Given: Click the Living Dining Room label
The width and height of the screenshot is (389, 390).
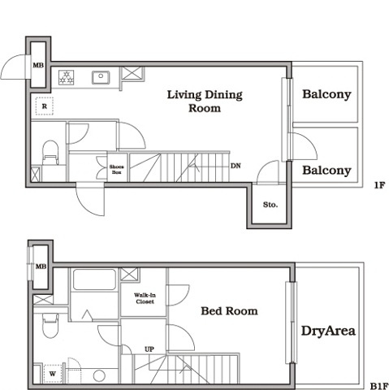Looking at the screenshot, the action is point(205,102).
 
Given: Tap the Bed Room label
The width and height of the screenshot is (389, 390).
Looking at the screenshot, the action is point(229,311).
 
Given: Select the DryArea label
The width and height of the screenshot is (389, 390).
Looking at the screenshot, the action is point(328,331).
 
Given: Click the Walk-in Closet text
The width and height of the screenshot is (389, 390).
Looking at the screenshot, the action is point(145,298).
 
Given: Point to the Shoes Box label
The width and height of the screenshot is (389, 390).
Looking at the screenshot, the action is point(117,169).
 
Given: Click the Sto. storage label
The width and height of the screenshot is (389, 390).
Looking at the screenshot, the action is point(270,205).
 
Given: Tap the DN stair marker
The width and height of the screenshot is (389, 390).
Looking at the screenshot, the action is point(236,166).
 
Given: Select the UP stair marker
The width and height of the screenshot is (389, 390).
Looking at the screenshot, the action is point(149,349).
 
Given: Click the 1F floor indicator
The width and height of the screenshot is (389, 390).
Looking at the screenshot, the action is point(379,185).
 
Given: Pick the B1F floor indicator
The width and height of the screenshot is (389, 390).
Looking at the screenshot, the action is point(378,386).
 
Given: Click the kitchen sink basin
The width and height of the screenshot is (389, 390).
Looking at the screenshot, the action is point(101,77).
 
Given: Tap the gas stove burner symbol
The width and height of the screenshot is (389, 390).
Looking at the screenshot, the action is point(67,77).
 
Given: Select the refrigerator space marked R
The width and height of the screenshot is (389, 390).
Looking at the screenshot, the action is point(45,106).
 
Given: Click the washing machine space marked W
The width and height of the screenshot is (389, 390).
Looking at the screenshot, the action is point(53,374).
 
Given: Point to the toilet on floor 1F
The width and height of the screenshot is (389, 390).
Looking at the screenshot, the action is point(50,153).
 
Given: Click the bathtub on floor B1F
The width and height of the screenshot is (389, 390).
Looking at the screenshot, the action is point(94,279).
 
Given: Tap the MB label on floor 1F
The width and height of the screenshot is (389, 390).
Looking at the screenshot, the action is point(38,65).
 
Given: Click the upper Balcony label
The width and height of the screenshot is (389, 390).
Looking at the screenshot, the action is point(326,94).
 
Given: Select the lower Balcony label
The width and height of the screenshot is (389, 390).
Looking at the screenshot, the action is point(326,171).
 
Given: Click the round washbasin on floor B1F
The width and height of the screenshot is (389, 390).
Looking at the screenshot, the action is point(99,375).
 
